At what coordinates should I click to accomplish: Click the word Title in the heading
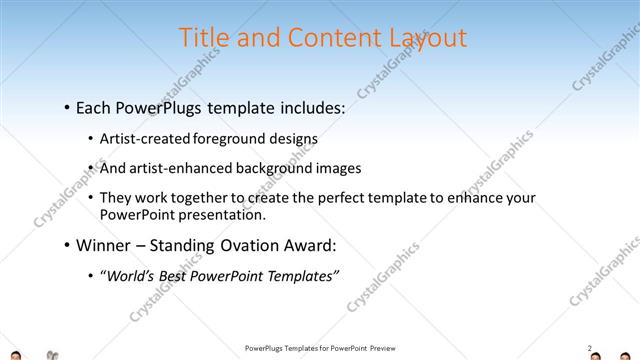[x=203, y=38]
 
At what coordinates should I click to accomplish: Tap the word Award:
[x=305, y=245]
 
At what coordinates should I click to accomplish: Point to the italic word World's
[x=134, y=275]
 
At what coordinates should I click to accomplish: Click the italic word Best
[x=185, y=275]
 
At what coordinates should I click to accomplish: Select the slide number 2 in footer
[x=589, y=347]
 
